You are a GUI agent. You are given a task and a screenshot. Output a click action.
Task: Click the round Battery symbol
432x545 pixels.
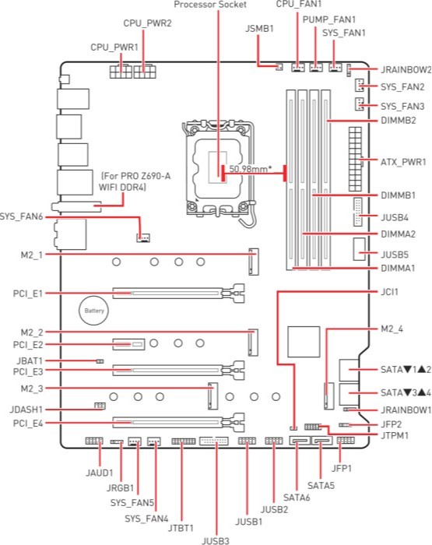(x=94, y=311)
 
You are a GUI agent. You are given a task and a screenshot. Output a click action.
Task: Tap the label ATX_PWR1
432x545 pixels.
(x=403, y=162)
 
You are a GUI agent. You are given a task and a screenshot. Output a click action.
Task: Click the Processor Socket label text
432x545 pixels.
(x=210, y=5)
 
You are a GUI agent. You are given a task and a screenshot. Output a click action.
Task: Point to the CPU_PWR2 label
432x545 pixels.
(x=147, y=23)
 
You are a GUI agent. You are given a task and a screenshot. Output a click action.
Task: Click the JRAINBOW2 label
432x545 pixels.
(x=406, y=69)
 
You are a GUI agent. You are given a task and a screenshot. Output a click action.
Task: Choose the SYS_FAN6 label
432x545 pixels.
(x=21, y=216)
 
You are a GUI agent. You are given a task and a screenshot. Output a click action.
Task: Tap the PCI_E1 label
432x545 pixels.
(x=28, y=294)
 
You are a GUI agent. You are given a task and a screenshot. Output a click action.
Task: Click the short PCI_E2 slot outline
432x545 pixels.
(x=128, y=344)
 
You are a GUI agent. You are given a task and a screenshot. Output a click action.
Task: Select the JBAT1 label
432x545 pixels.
(x=30, y=360)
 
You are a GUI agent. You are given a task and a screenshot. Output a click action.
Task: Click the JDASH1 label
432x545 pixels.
(x=26, y=410)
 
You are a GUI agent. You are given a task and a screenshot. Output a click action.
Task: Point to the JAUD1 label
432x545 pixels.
(x=100, y=473)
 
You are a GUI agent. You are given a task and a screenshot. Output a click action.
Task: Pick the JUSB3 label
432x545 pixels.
(x=216, y=540)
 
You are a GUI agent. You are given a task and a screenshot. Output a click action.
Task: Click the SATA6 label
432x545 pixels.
(x=297, y=498)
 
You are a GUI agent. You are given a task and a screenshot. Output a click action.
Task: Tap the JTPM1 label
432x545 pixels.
(x=395, y=435)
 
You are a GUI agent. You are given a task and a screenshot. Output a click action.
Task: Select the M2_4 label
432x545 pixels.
(x=392, y=329)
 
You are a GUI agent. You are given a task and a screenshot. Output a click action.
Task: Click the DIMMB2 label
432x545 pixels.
(x=399, y=121)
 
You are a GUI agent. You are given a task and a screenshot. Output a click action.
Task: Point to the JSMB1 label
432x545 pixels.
(x=259, y=29)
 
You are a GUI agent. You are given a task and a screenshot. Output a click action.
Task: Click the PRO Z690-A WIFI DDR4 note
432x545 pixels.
(x=135, y=181)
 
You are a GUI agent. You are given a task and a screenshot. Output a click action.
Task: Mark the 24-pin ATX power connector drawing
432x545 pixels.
(x=355, y=159)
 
